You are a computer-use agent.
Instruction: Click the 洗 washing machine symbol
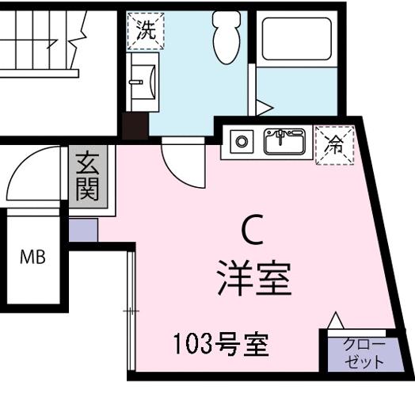[146, 32]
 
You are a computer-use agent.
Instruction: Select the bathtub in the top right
[296, 39]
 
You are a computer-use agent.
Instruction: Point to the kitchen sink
[284, 143]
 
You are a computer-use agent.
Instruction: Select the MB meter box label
[32, 257]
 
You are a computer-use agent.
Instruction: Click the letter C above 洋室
[252, 232]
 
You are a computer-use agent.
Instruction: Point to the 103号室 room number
[221, 345]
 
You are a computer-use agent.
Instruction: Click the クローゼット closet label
[364, 353]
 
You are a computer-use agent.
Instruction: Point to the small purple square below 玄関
[82, 230]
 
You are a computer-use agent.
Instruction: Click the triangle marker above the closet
[336, 320]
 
